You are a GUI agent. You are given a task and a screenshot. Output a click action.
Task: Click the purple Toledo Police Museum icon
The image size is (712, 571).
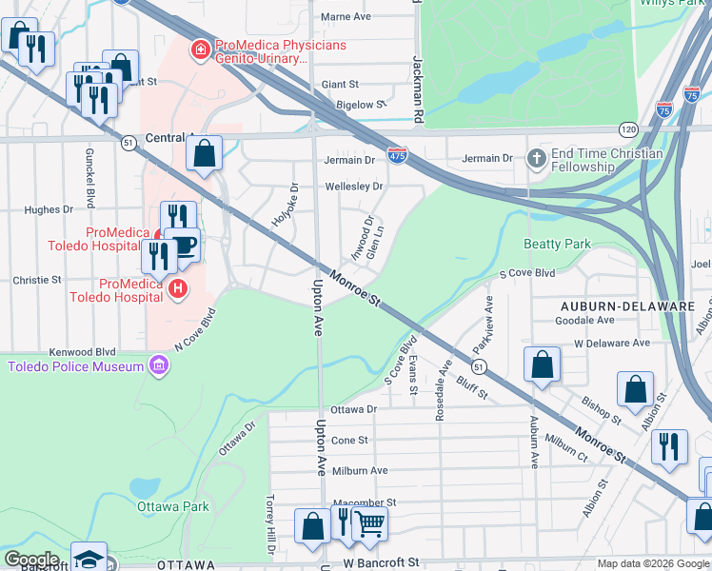pyautogui.click(x=159, y=366)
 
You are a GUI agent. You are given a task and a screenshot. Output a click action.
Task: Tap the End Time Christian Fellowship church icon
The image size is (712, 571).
pyautogui.click(x=536, y=159)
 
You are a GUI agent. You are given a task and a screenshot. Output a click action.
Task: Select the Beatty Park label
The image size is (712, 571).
pyautogui.click(x=557, y=245)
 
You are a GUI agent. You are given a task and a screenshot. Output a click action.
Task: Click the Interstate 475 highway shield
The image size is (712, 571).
pyautogui.click(x=398, y=152)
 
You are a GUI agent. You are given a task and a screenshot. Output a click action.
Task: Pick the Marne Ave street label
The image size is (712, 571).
pyautogui.click(x=346, y=17)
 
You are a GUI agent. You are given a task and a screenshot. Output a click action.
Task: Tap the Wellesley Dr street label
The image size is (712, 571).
pyautogui.click(x=353, y=187)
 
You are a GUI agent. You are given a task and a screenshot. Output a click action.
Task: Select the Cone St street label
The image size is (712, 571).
pyautogui.click(x=349, y=441)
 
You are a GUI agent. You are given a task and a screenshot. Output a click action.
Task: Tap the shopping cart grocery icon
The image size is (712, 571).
pyautogui.click(x=369, y=522)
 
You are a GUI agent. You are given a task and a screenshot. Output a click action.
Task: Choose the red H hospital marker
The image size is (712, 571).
pyautogui.click(x=176, y=286)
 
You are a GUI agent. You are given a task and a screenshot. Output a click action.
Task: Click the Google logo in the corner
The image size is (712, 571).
pyautogui.click(x=31, y=560)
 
